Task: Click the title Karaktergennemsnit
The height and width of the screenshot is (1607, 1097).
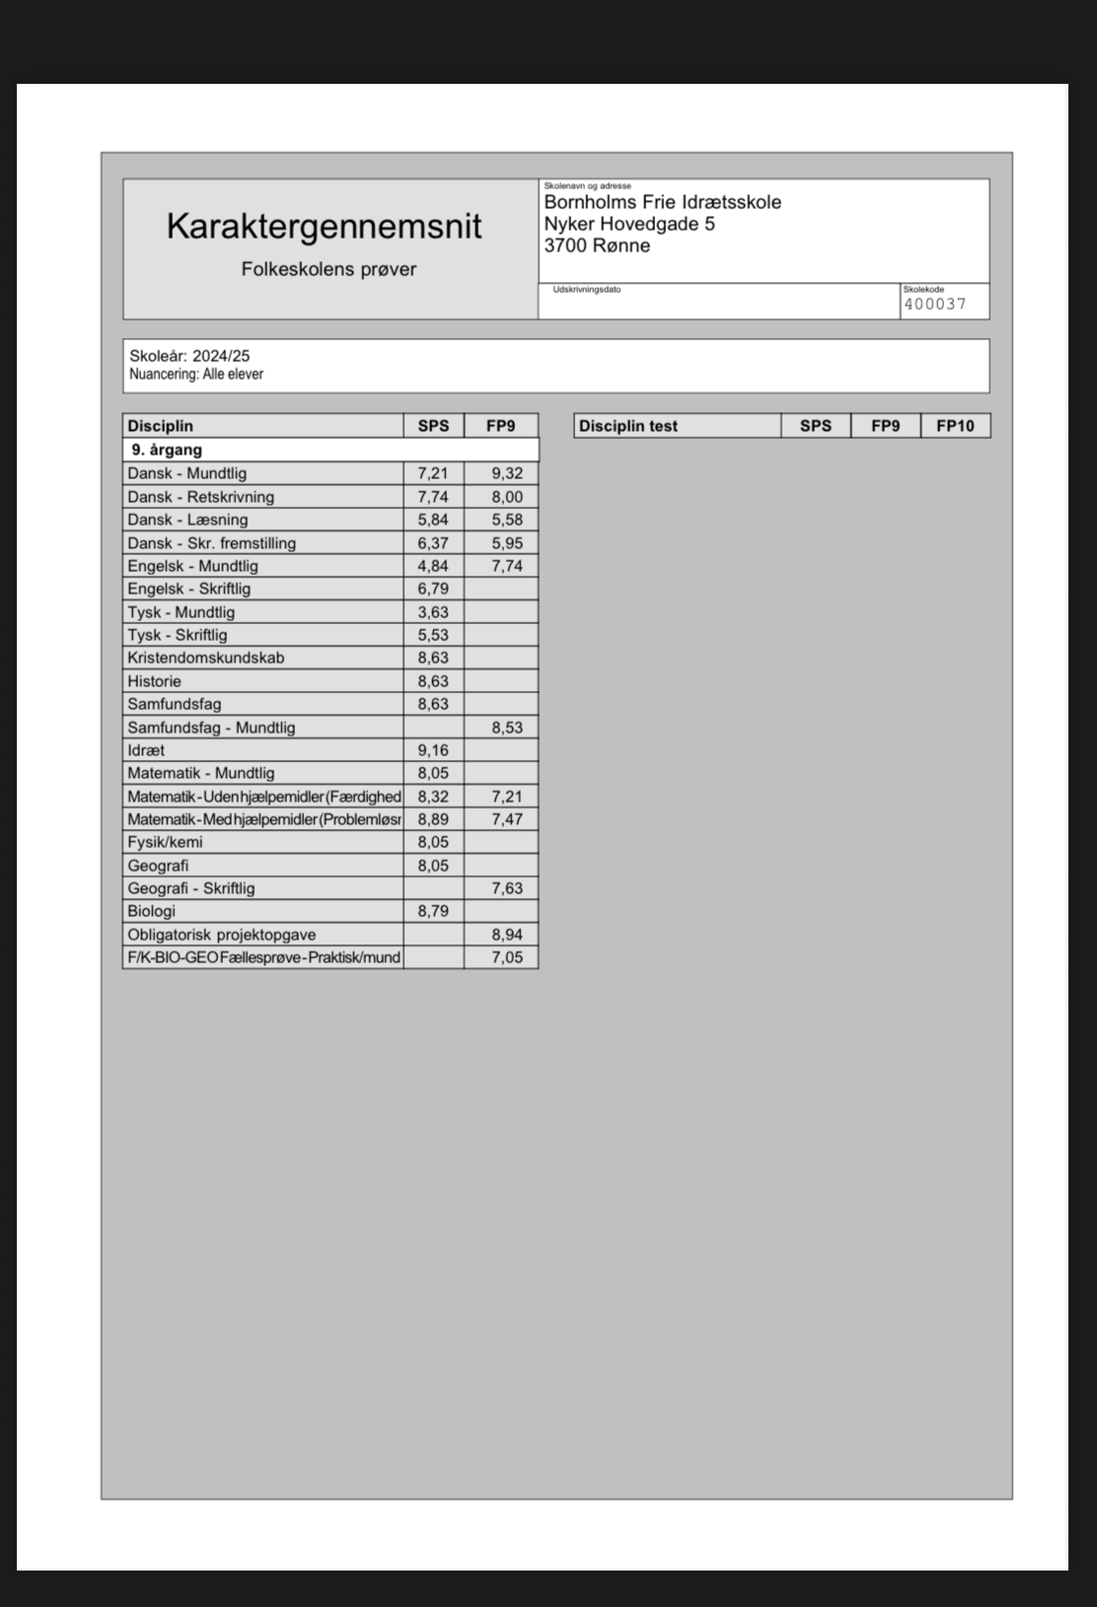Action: click(324, 227)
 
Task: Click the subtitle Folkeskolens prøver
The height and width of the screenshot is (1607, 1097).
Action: click(329, 269)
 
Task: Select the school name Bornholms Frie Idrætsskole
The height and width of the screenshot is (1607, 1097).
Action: click(662, 202)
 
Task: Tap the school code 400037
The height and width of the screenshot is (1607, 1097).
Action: click(935, 304)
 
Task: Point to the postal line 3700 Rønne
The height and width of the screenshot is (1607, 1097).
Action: click(597, 245)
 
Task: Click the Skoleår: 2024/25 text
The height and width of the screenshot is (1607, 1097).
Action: click(189, 356)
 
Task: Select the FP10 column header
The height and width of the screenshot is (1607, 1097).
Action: click(954, 426)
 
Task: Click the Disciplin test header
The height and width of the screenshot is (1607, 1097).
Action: click(628, 426)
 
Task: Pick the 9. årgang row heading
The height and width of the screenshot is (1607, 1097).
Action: click(167, 450)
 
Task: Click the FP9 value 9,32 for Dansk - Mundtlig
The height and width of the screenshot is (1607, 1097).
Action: click(507, 473)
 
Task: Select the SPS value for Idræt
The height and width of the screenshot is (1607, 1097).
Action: click(432, 750)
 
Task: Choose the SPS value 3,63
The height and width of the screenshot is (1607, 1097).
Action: click(432, 612)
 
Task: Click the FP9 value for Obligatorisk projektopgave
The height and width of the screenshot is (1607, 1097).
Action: click(507, 935)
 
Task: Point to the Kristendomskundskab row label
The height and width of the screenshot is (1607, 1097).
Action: click(205, 658)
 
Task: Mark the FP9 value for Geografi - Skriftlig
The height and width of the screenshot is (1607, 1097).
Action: click(507, 888)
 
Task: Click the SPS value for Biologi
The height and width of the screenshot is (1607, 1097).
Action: click(432, 911)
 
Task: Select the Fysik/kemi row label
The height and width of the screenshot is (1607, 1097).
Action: click(165, 842)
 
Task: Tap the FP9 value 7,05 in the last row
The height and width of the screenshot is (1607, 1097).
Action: click(507, 957)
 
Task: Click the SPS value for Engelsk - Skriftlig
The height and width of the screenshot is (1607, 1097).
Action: click(432, 589)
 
